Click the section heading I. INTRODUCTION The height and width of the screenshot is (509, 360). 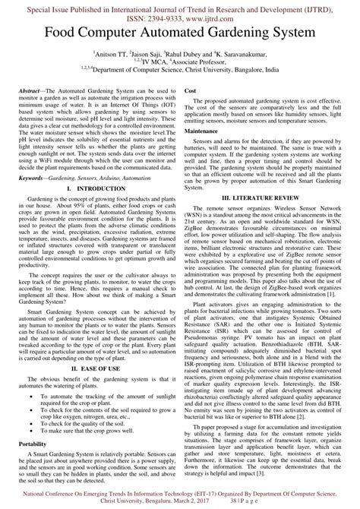(x=91, y=188)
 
